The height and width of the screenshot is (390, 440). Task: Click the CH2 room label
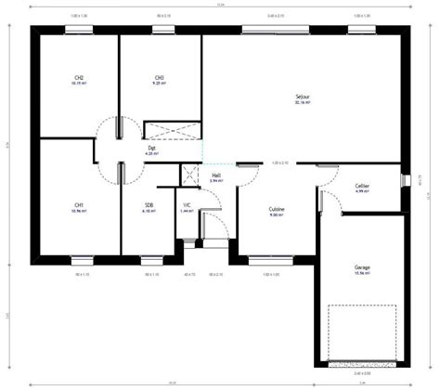pos(79,77)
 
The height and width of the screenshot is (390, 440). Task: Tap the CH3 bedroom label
pos(160,77)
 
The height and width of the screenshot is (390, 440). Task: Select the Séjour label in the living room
pos(303,96)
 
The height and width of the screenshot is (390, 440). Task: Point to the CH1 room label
pos(79,204)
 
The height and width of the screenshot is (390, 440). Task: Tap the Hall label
pos(216,174)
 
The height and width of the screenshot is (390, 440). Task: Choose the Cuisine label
pos(277,209)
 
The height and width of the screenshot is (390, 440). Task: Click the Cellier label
pos(362,186)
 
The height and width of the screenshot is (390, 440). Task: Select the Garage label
pos(362,267)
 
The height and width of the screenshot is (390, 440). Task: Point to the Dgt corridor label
pos(151,147)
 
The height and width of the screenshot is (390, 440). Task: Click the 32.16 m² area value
pos(303,102)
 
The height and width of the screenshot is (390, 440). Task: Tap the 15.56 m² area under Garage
pos(362,274)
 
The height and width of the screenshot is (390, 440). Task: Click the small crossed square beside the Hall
pos(191,173)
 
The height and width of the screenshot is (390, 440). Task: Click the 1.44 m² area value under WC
pos(187,211)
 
